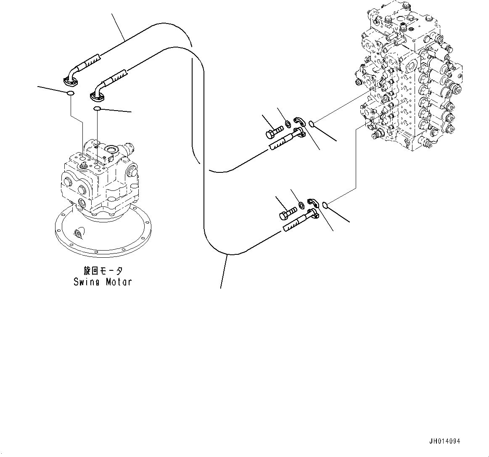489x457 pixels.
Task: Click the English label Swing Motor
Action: point(102,282)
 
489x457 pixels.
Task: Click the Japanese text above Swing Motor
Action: point(102,271)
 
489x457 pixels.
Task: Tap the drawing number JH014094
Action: point(445,441)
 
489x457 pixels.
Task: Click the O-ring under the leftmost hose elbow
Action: point(71,93)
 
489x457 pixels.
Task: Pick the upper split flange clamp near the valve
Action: point(299,122)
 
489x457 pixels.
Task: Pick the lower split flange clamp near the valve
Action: point(313,202)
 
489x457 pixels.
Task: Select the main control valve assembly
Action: point(410,80)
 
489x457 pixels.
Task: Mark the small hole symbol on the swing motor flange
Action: point(78,233)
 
